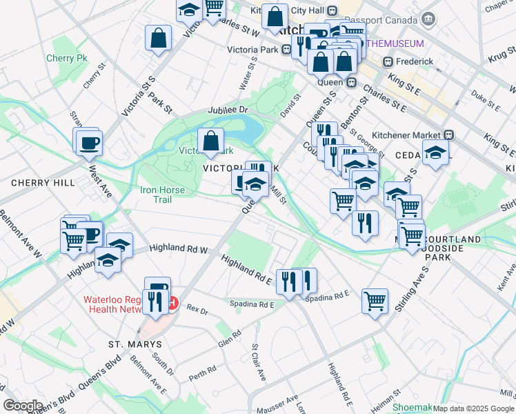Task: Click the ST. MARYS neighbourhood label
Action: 135,344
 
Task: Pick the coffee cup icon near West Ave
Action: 88,143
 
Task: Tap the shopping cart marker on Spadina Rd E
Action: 375,300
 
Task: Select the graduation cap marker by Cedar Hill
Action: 435,152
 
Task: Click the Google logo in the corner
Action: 23,406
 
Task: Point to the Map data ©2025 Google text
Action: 473,408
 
